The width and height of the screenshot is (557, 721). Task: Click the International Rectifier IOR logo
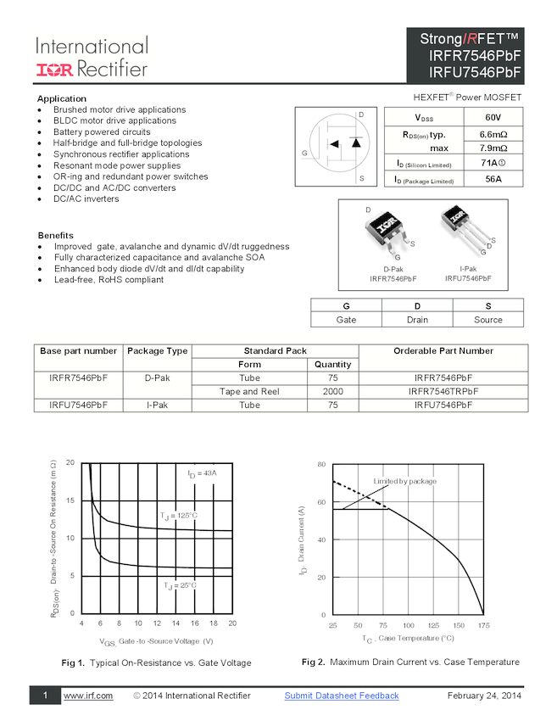tap(55, 69)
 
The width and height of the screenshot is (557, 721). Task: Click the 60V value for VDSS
tap(493, 118)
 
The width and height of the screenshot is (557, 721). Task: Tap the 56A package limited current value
tap(493, 179)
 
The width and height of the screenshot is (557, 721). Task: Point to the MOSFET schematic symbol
tap(336, 146)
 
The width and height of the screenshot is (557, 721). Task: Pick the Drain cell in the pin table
tap(416, 320)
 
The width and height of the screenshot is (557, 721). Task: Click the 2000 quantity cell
tap(333, 392)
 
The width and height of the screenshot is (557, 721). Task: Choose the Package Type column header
tap(157, 350)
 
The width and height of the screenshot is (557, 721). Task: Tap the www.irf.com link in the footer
tap(88, 696)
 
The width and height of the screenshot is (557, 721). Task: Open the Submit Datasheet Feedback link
tap(341, 696)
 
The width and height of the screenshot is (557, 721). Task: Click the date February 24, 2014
tap(484, 696)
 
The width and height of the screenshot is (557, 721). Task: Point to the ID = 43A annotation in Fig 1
tap(202, 472)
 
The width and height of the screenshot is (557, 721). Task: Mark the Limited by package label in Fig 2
tap(405, 481)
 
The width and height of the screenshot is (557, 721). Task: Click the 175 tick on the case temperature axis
tap(483, 625)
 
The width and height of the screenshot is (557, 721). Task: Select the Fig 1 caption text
tap(157, 662)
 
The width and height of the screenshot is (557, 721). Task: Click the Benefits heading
tap(55, 235)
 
